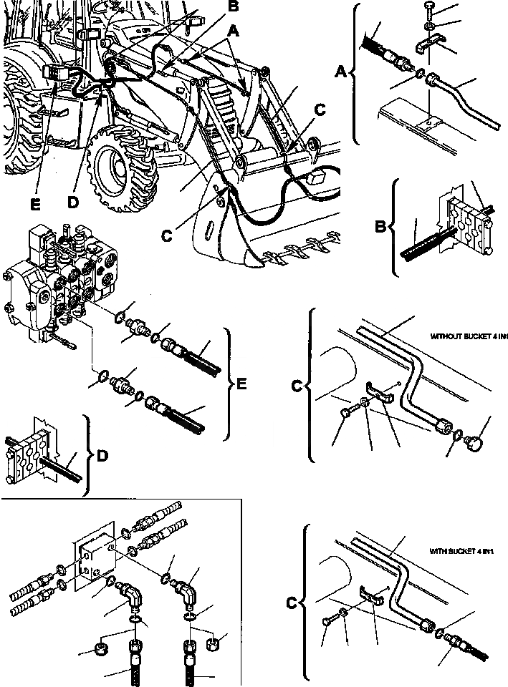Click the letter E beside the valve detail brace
point(241,385)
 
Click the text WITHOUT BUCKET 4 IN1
point(469,335)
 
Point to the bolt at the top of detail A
point(428,9)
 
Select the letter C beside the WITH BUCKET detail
point(292,601)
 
